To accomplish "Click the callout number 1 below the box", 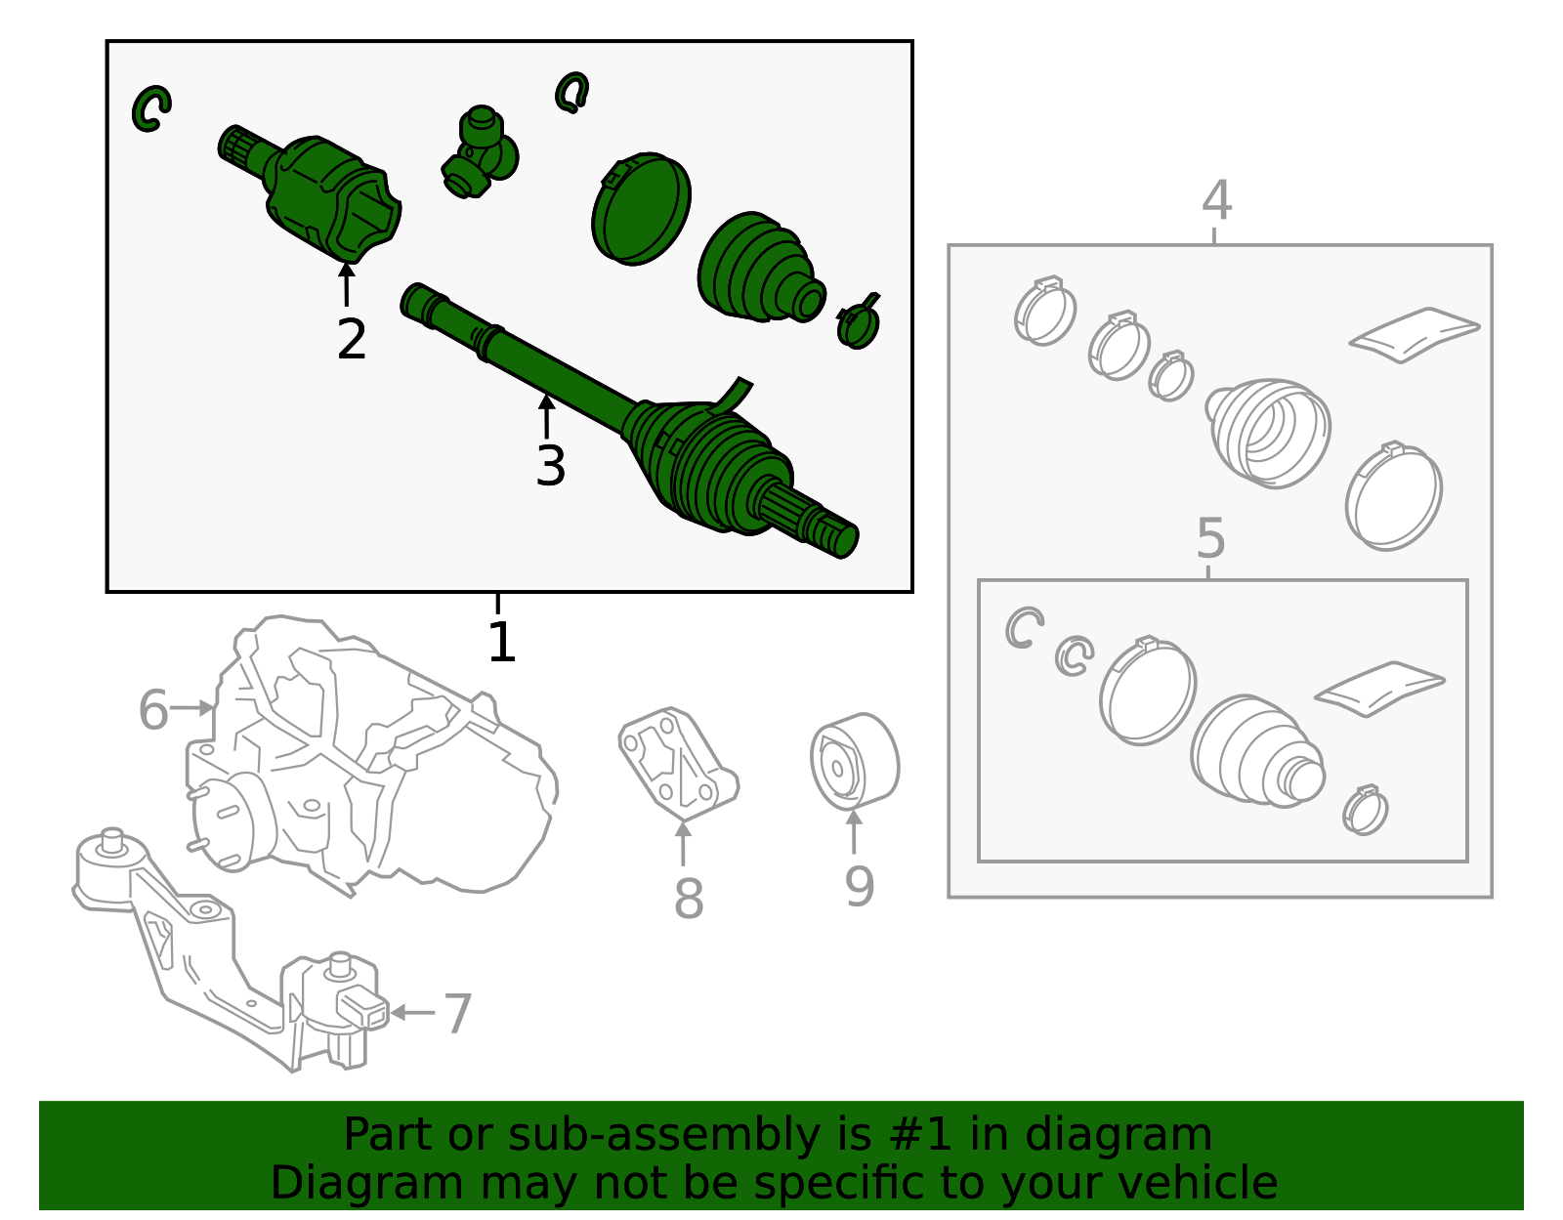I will click(x=500, y=643).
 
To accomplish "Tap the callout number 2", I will click(x=351, y=340).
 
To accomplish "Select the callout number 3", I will click(x=550, y=466).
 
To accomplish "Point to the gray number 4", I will click(x=1216, y=200).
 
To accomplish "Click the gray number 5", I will click(x=1210, y=538).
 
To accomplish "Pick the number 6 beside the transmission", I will click(x=153, y=710).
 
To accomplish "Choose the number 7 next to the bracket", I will click(x=457, y=1013).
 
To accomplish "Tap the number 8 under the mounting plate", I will click(x=688, y=899).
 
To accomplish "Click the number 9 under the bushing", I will click(x=859, y=887).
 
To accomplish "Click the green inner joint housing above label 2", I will click(x=332, y=195).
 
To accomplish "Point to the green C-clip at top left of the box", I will click(x=151, y=107).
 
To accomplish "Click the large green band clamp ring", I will click(x=641, y=208).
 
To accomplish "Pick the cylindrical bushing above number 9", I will click(x=854, y=762).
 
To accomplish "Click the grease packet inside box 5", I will click(x=1378, y=688).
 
